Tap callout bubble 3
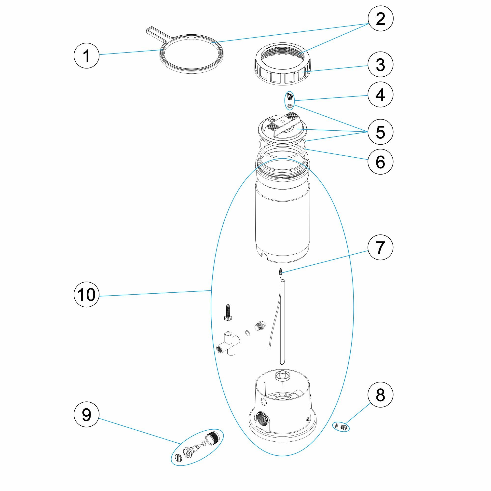pos(381,65)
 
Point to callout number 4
pos(381,95)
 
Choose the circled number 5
pos(381,132)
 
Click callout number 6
pos(381,162)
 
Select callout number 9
pos(86,415)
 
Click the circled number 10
pos(86,295)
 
